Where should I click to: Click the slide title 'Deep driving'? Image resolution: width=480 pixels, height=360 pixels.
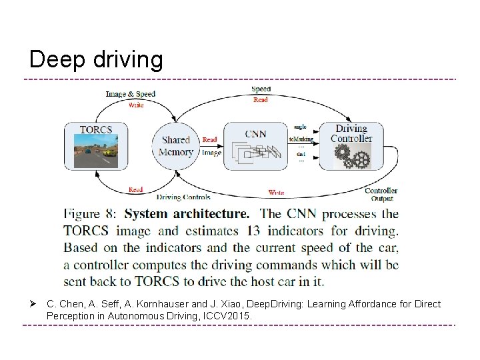pos(96,60)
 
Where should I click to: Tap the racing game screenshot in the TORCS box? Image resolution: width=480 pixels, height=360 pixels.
pos(95,152)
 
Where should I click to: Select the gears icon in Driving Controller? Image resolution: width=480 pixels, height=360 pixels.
pos(351,157)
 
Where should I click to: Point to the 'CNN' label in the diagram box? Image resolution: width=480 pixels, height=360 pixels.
pos(255,133)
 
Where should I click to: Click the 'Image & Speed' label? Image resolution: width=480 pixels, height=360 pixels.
pos(131,94)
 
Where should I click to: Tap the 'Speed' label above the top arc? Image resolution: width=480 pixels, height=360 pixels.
pos(261,89)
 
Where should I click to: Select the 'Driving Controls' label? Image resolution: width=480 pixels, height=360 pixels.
pos(183,197)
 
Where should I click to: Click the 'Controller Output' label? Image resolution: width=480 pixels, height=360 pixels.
pos(381,194)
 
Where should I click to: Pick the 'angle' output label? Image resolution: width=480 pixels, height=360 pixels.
pos(299,126)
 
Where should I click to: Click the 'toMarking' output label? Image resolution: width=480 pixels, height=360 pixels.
pos(301,139)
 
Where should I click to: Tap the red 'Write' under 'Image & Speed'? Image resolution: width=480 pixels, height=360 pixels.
pos(135,105)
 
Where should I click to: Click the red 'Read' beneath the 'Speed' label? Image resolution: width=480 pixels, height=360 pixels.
pos(261,100)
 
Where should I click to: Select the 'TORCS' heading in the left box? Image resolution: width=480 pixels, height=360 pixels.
pos(95,129)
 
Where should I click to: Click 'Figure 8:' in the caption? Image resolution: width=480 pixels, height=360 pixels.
pos(90,215)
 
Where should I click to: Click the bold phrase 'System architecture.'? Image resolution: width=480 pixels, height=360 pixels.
pos(187,215)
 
